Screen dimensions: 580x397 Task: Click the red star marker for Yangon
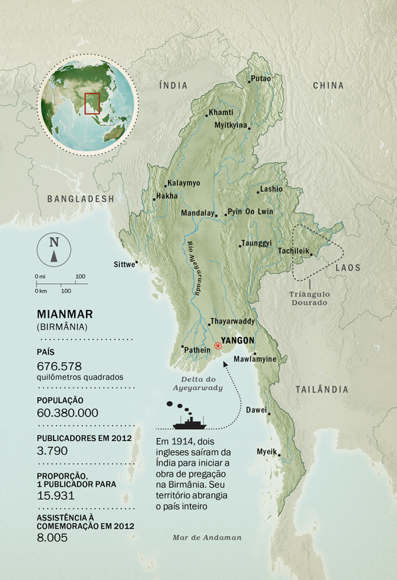pyautogui.click(x=218, y=346)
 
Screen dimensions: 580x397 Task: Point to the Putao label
pyautogui.click(x=261, y=79)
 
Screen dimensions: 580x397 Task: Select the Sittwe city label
pyautogui.click(x=123, y=264)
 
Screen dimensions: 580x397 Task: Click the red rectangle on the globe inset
pyautogui.click(x=92, y=104)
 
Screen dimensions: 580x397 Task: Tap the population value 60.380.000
pyautogui.click(x=68, y=413)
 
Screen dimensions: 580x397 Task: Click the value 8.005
pyautogui.click(x=52, y=538)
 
